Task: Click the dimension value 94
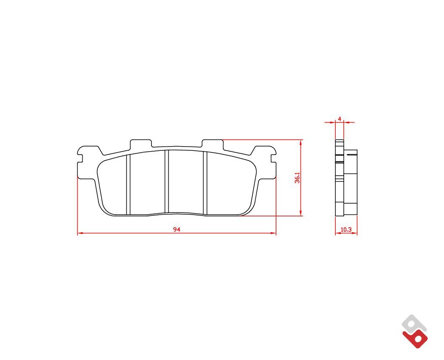tap(177, 230)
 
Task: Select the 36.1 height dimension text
tap(297, 177)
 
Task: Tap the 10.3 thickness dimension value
tap(346, 230)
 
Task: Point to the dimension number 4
tap(340, 119)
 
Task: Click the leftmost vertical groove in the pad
tap(128, 184)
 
